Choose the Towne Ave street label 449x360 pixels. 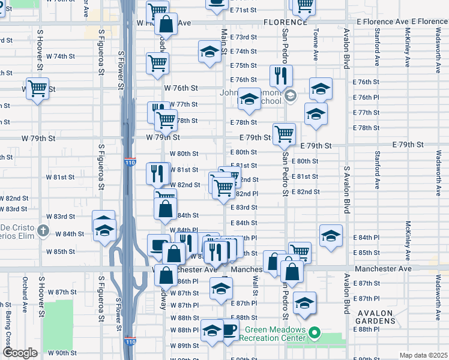click(x=315, y=46)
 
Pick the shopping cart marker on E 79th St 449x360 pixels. click(x=284, y=133)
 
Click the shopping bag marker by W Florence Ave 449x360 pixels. click(x=166, y=24)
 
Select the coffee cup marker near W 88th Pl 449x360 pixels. click(x=229, y=329)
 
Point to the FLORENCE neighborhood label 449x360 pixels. click(x=285, y=22)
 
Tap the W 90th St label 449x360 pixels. click(x=64, y=353)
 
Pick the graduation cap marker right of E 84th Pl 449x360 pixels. click(x=331, y=236)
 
